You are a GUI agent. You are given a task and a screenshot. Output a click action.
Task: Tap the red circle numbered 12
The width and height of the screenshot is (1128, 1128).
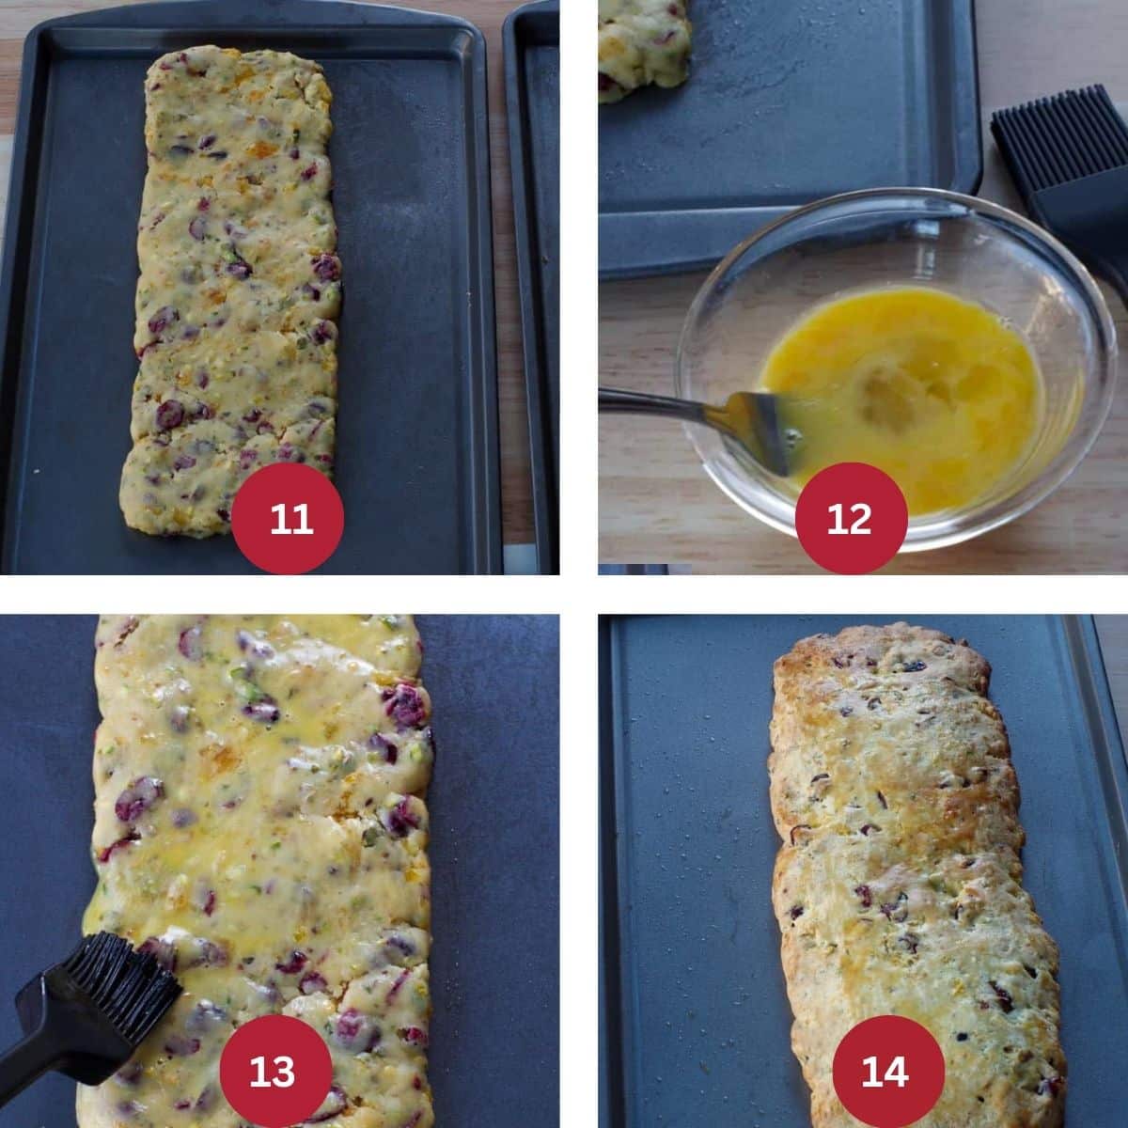click(851, 518)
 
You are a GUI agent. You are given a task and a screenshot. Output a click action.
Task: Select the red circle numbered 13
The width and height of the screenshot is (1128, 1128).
click(274, 1071)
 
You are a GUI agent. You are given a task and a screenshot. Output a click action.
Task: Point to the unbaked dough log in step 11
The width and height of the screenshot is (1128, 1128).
click(235, 282)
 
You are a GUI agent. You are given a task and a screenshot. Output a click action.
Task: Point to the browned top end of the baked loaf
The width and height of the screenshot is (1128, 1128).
click(879, 663)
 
